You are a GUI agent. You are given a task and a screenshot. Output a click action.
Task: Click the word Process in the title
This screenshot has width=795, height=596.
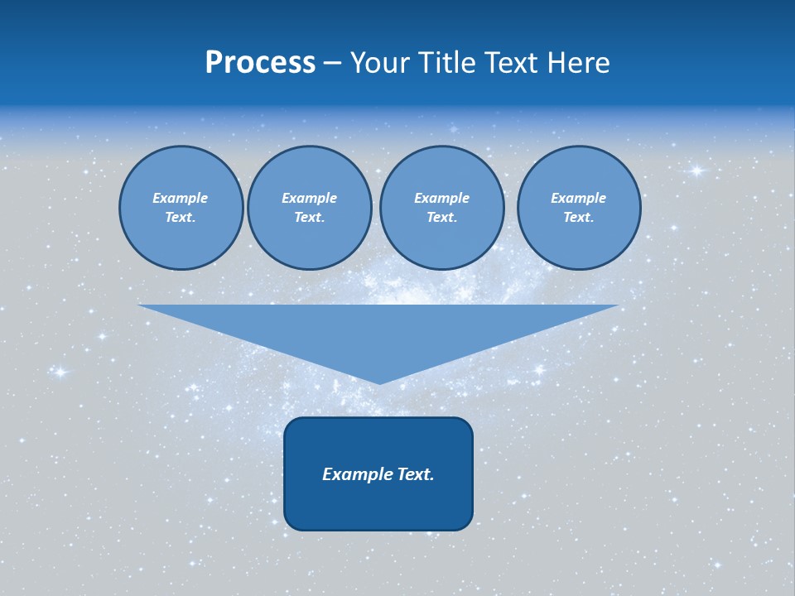[260, 63]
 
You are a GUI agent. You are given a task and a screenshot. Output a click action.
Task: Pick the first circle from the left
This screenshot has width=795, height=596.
[181, 208]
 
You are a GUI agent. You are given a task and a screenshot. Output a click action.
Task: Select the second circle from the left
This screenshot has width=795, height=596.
[310, 208]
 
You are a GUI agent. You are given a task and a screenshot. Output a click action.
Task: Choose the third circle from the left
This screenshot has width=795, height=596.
[441, 208]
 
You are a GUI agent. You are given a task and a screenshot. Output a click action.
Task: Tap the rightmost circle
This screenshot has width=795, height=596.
[579, 208]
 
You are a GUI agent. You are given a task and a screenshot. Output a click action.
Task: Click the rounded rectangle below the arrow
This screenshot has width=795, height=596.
[378, 473]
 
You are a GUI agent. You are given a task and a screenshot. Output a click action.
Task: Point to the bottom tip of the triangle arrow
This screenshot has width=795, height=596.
[379, 382]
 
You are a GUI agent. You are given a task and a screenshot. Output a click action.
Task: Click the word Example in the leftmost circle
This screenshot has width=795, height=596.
[181, 198]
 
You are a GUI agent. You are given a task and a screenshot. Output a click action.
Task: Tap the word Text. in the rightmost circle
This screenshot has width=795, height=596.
[579, 218]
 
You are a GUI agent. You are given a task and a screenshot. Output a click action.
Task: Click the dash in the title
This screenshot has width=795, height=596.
[333, 64]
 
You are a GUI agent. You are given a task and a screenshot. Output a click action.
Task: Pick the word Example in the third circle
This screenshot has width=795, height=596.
[441, 198]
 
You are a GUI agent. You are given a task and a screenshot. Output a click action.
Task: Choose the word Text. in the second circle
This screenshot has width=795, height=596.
[310, 218]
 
